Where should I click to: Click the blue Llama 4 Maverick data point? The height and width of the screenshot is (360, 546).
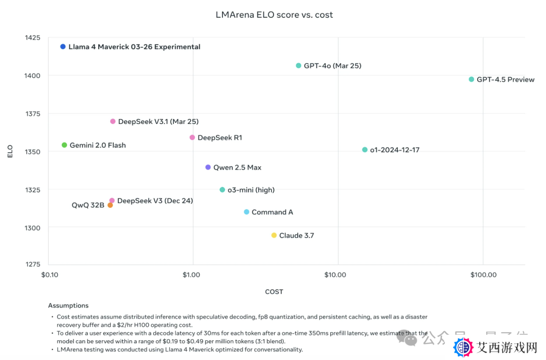point(63,47)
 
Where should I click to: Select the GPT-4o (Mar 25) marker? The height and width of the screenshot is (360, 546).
point(299,66)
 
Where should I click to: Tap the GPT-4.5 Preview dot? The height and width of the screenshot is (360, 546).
point(472,79)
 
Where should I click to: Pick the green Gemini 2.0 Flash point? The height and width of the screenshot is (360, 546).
point(64,145)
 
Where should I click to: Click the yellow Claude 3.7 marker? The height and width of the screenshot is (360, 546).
point(274,236)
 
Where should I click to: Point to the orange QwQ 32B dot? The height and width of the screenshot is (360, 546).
point(110,205)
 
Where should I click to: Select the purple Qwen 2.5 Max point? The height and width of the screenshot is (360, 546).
point(208,167)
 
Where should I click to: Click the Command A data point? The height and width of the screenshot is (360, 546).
point(247,212)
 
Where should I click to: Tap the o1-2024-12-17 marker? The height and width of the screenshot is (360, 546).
point(365,150)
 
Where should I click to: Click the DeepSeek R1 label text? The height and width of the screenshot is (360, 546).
point(220,138)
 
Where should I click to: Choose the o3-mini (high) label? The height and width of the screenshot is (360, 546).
point(251,190)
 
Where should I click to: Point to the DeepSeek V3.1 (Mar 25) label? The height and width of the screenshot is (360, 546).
point(158,122)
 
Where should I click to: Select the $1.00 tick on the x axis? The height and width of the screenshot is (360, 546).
point(193,275)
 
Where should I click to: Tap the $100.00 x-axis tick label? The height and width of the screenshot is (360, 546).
point(483,275)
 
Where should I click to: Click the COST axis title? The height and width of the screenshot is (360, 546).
point(274,292)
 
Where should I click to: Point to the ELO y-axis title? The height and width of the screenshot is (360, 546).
point(10,151)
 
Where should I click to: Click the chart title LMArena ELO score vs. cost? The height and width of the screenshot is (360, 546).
point(274,15)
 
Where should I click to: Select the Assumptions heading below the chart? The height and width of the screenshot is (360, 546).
point(68,305)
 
